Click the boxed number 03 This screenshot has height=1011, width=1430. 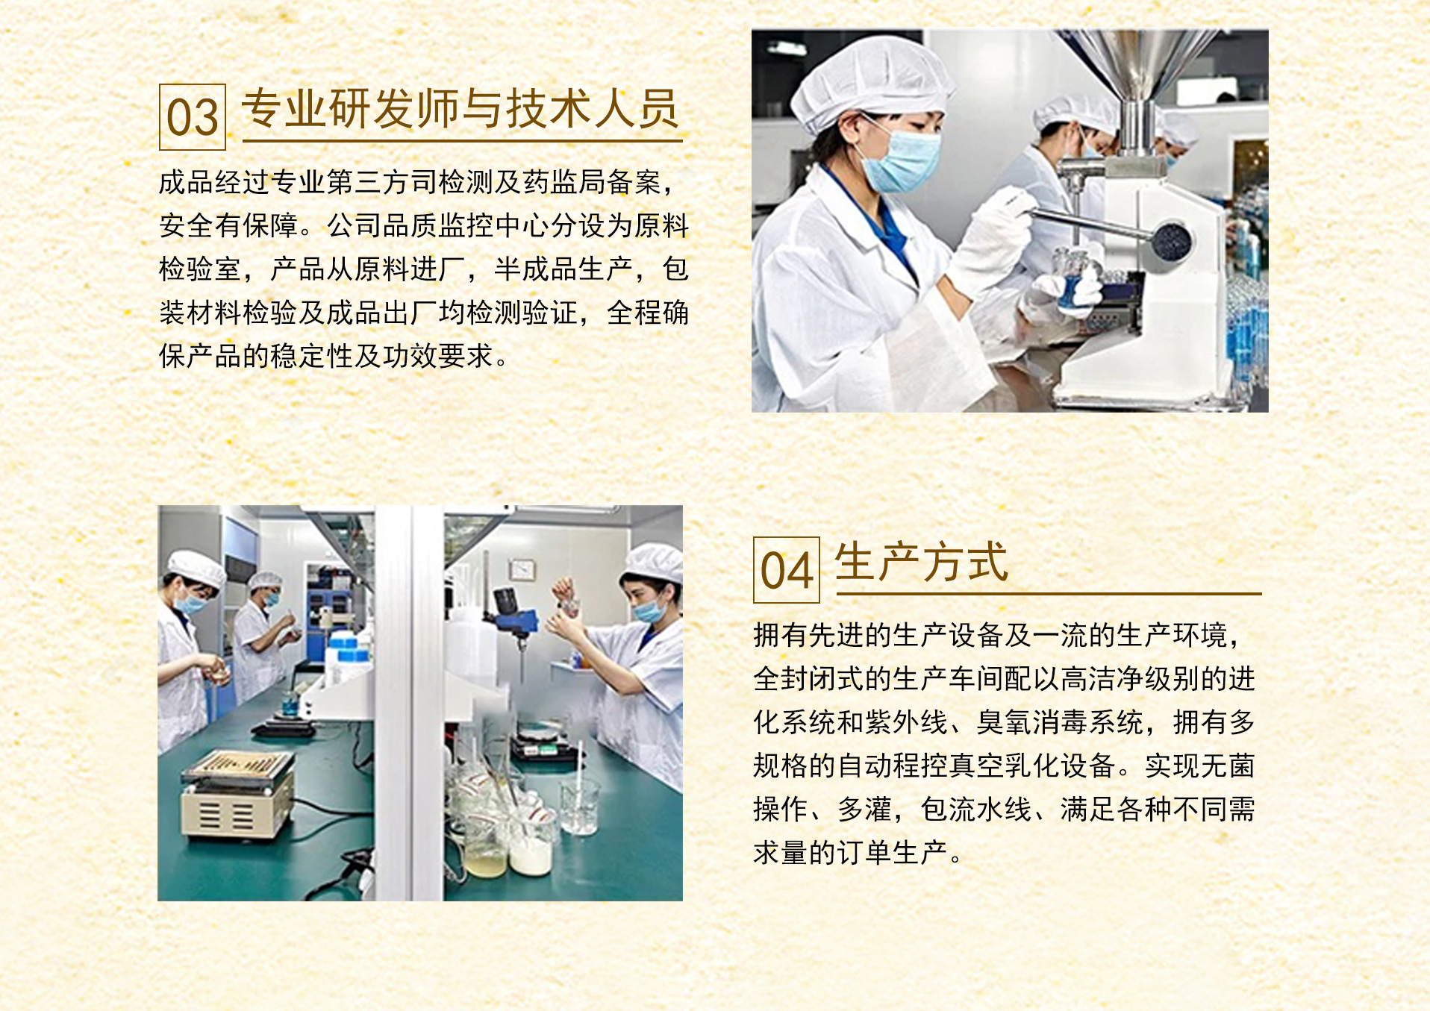(x=193, y=117)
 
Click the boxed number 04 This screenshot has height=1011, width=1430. (x=787, y=570)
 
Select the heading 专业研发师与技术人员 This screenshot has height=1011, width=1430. (x=460, y=108)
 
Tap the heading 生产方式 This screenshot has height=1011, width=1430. (x=922, y=562)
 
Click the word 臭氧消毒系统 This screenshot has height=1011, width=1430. (x=1060, y=722)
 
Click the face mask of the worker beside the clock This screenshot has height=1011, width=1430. (x=649, y=610)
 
